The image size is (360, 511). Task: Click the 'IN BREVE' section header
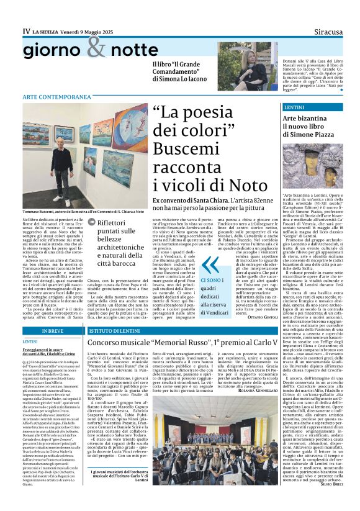pyautogui.click(x=52, y=331)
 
